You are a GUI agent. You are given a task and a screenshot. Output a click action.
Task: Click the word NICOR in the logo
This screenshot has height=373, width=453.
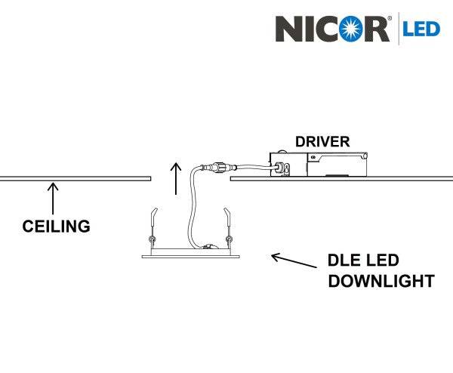(331, 28)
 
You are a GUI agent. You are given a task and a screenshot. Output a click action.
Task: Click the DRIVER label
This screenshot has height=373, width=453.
(323, 141)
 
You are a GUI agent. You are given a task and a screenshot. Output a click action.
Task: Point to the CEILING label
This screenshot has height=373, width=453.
(56, 225)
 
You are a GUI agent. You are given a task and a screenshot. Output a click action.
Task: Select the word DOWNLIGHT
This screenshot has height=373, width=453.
(381, 282)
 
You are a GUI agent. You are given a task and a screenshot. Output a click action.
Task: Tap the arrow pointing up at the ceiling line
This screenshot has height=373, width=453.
(53, 199)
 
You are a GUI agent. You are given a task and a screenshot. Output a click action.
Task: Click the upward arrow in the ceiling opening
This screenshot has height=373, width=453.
(176, 177)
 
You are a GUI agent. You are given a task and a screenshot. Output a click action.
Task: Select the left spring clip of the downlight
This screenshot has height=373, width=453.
(153, 226)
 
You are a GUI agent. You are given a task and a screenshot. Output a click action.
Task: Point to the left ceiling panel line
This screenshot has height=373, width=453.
(75, 179)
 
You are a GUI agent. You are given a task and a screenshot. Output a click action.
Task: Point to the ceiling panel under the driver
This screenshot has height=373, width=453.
(340, 181)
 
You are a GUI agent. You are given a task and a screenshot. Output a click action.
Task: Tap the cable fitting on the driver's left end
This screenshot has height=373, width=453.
(279, 165)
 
